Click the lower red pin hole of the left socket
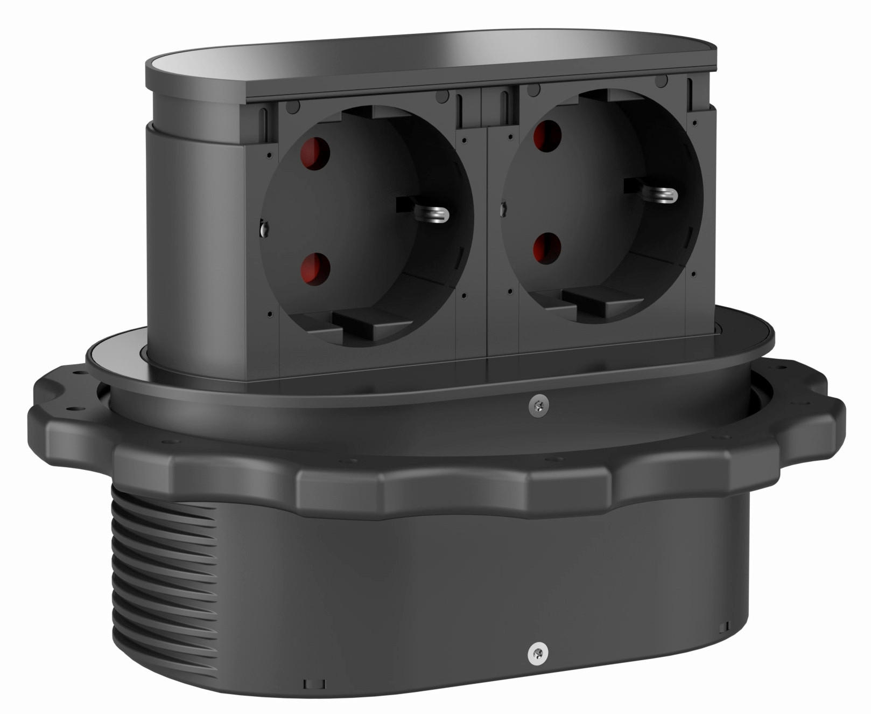point(314,267)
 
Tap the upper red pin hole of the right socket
point(546,136)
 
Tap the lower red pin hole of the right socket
point(547,248)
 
